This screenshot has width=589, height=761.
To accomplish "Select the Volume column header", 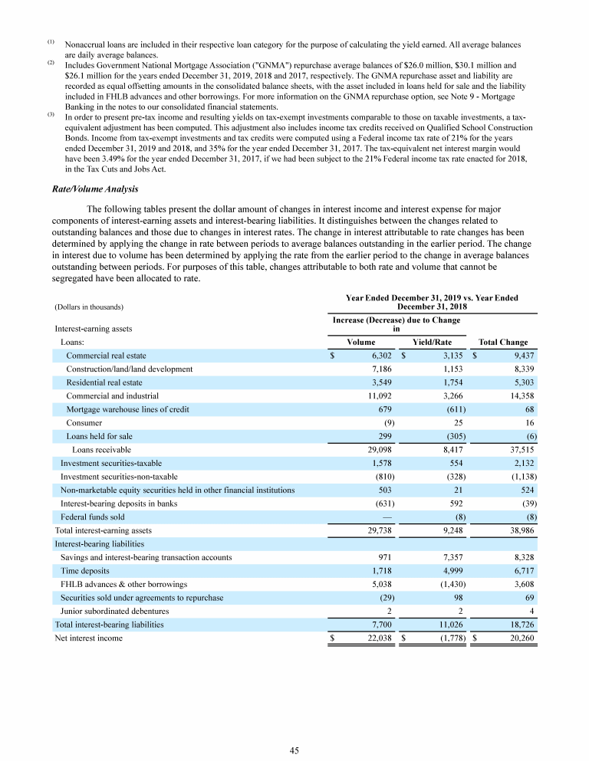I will click(x=360, y=343).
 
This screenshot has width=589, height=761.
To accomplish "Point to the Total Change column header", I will click(x=502, y=343).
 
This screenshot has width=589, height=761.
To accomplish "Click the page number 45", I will click(x=294, y=750).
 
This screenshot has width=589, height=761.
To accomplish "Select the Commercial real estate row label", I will click(x=106, y=356).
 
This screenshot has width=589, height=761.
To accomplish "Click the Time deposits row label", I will click(x=84, y=571).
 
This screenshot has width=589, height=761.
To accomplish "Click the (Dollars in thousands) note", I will click(x=88, y=307).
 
